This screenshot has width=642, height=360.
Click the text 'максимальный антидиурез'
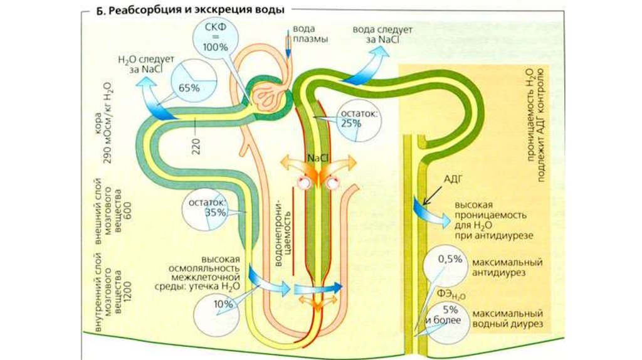tap(508, 267)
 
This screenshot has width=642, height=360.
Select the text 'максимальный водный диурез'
tap(508, 318)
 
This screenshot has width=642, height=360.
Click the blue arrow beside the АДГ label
tap(426, 209)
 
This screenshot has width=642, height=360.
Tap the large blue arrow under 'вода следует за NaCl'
tap(370, 68)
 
